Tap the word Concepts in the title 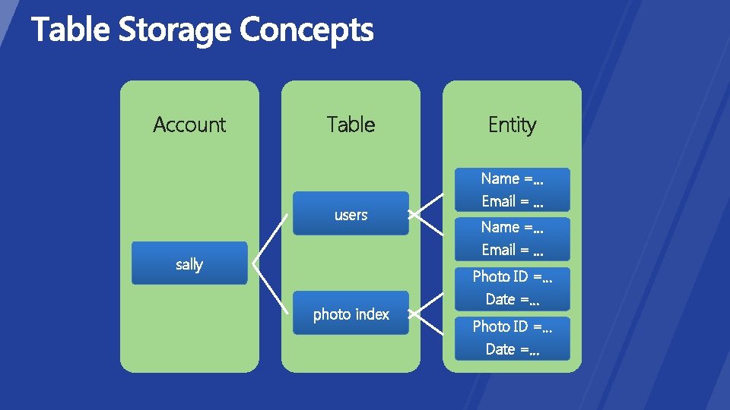[x=306, y=30]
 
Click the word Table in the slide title [x=71, y=30]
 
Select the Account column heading [x=189, y=125]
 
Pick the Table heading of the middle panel [x=351, y=125]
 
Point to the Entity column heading [x=512, y=125]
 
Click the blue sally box [x=189, y=263]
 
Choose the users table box [x=351, y=213]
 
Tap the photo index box [x=351, y=313]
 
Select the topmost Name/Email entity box [x=512, y=189]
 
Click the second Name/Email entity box [x=512, y=238]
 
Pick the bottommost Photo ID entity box [x=512, y=338]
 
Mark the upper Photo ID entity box [x=512, y=288]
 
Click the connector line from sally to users [x=270, y=238]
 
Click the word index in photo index [x=371, y=314]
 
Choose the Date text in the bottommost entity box [x=500, y=349]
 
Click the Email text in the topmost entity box [x=499, y=201]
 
